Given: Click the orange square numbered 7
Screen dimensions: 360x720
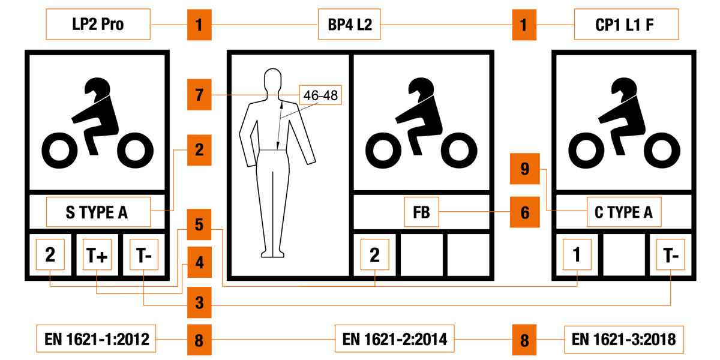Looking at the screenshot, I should (199, 94).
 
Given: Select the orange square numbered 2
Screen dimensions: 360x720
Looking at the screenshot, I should (199, 150).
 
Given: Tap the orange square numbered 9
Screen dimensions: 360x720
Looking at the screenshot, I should (524, 169).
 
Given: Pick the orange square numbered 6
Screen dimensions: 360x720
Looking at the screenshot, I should (524, 212).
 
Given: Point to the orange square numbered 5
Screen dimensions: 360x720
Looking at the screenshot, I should (199, 224).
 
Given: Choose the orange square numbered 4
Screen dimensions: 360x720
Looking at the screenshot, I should (199, 262).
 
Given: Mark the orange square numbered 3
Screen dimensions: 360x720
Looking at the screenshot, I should (199, 302).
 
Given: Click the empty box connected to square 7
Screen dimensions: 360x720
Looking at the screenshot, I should (320, 95).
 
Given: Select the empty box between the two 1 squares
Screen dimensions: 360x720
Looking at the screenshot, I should (349, 25).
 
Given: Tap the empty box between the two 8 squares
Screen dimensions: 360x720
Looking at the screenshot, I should (394, 338).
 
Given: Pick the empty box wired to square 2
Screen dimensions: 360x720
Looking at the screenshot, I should (98, 212).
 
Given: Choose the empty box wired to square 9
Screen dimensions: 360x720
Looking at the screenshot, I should (624, 212).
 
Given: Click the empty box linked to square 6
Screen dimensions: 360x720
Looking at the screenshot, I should (421, 212).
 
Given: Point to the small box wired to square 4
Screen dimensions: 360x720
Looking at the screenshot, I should (97, 254).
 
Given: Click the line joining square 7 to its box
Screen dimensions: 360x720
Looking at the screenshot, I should (249, 95).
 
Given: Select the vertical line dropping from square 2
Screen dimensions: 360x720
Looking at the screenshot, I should (173, 180).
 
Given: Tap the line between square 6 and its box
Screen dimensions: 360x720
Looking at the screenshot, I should (465, 211).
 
